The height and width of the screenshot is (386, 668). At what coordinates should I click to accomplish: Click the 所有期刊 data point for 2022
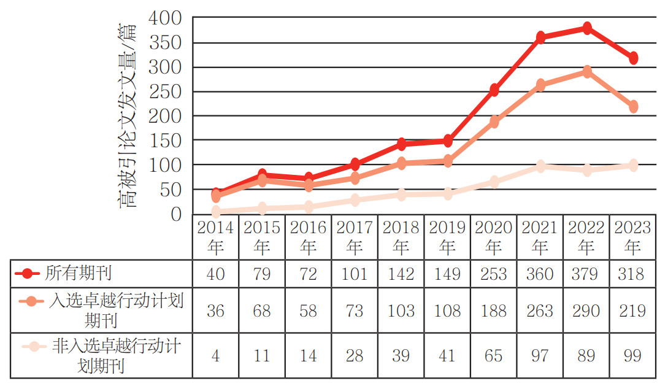click(x=587, y=28)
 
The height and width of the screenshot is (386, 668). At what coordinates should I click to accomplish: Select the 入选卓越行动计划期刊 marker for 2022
click(x=587, y=72)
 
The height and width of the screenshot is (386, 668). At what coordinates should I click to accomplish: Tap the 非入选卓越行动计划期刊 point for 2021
click(x=540, y=166)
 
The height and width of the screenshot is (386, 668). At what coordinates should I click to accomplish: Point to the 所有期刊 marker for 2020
click(x=494, y=90)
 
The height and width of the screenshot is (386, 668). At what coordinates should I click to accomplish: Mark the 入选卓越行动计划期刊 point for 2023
click(x=633, y=107)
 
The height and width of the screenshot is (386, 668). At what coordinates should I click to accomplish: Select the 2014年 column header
click(x=215, y=237)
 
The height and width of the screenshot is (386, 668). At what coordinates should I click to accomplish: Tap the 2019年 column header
click(x=447, y=237)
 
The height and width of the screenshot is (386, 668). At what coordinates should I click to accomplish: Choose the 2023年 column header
click(x=633, y=237)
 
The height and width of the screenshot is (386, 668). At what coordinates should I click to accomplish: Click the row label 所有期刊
click(x=78, y=272)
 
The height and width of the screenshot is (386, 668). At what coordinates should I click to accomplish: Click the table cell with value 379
click(x=586, y=273)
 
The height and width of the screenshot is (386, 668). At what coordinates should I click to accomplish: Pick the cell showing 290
click(x=586, y=311)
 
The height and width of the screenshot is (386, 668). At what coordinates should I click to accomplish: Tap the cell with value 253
click(x=494, y=273)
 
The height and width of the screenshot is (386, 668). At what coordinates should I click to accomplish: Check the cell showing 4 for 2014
click(x=215, y=356)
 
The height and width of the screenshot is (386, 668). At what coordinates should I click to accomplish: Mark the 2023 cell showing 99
click(x=633, y=356)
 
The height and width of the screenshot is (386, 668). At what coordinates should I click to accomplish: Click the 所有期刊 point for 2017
click(x=355, y=164)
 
